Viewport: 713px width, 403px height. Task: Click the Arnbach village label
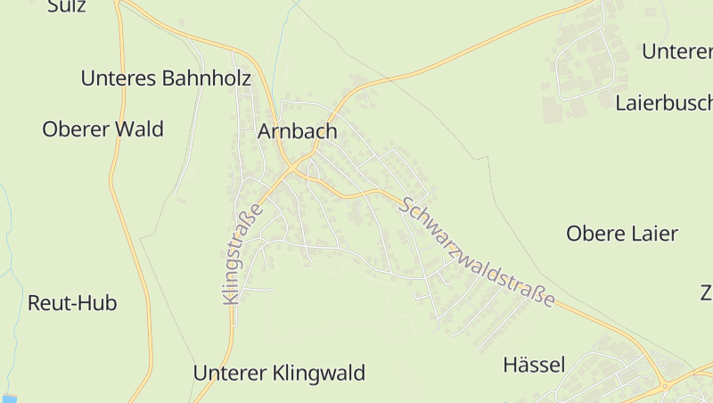[x=298, y=132]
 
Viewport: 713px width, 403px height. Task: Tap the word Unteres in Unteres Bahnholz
[x=118, y=78]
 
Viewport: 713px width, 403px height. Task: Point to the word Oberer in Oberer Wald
[x=74, y=129]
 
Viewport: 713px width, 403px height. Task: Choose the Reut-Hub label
[x=72, y=303]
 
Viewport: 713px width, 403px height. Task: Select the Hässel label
[x=534, y=365]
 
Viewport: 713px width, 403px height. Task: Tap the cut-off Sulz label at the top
[x=67, y=6]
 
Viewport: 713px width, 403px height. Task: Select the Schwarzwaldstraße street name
[x=478, y=252]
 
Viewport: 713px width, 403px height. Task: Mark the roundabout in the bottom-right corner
[x=665, y=386]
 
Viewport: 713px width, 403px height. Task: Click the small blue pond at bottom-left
[x=9, y=398]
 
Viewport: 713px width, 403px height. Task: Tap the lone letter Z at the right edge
[x=706, y=292]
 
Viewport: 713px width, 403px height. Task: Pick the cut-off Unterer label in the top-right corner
[x=676, y=52]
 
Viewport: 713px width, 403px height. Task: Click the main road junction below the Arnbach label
[x=292, y=168]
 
